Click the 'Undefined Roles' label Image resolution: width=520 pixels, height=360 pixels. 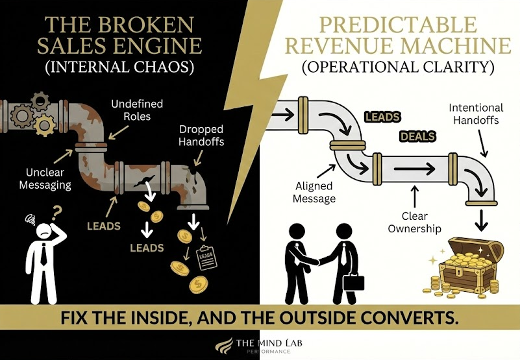pos(137,110)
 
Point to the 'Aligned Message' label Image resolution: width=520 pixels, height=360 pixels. pos(314,192)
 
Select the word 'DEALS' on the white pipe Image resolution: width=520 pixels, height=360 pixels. pos(417,137)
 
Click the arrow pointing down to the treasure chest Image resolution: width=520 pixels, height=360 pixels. pos(481,222)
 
